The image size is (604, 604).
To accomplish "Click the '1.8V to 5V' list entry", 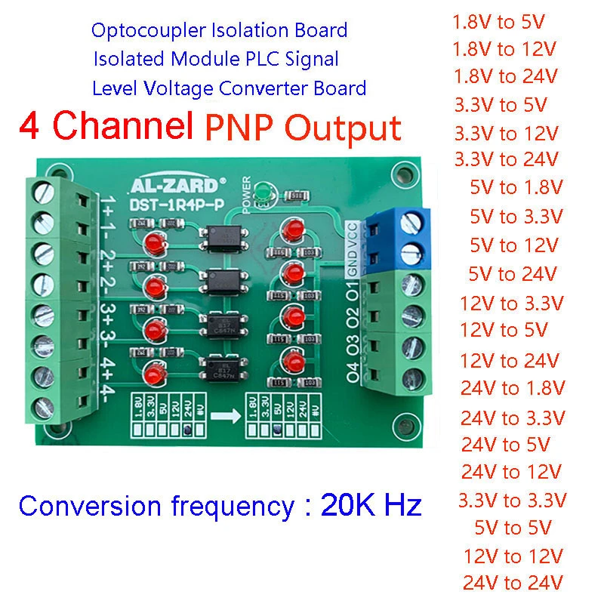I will (504, 22).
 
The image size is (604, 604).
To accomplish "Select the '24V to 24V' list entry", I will (513, 582).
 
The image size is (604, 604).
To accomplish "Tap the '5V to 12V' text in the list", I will (513, 245).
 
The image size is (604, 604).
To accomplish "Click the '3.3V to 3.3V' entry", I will (513, 500).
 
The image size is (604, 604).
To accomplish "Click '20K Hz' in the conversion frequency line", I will (371, 505).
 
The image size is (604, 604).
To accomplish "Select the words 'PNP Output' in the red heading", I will (302, 128).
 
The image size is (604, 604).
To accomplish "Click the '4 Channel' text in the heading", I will (103, 127).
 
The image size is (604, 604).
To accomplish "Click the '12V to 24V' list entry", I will (510, 359).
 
